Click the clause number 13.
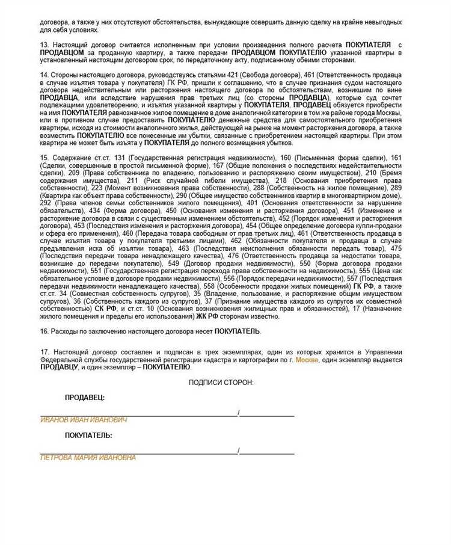coord(44,45)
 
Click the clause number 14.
coord(44,75)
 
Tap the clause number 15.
coord(44,158)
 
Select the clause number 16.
coord(44,331)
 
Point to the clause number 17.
coord(44,351)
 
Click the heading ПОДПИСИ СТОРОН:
coord(221,383)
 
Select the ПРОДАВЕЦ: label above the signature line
coord(85,398)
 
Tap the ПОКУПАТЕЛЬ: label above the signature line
coord(88,435)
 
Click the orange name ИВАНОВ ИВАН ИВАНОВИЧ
coord(84,420)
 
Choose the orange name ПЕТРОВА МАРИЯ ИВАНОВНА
coord(88,458)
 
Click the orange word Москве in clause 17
coord(307,359)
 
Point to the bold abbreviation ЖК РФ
coord(206,316)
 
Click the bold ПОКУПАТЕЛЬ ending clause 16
coord(238,331)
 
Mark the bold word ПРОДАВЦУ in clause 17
coord(59,367)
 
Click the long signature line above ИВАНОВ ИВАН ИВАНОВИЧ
coord(138,415)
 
